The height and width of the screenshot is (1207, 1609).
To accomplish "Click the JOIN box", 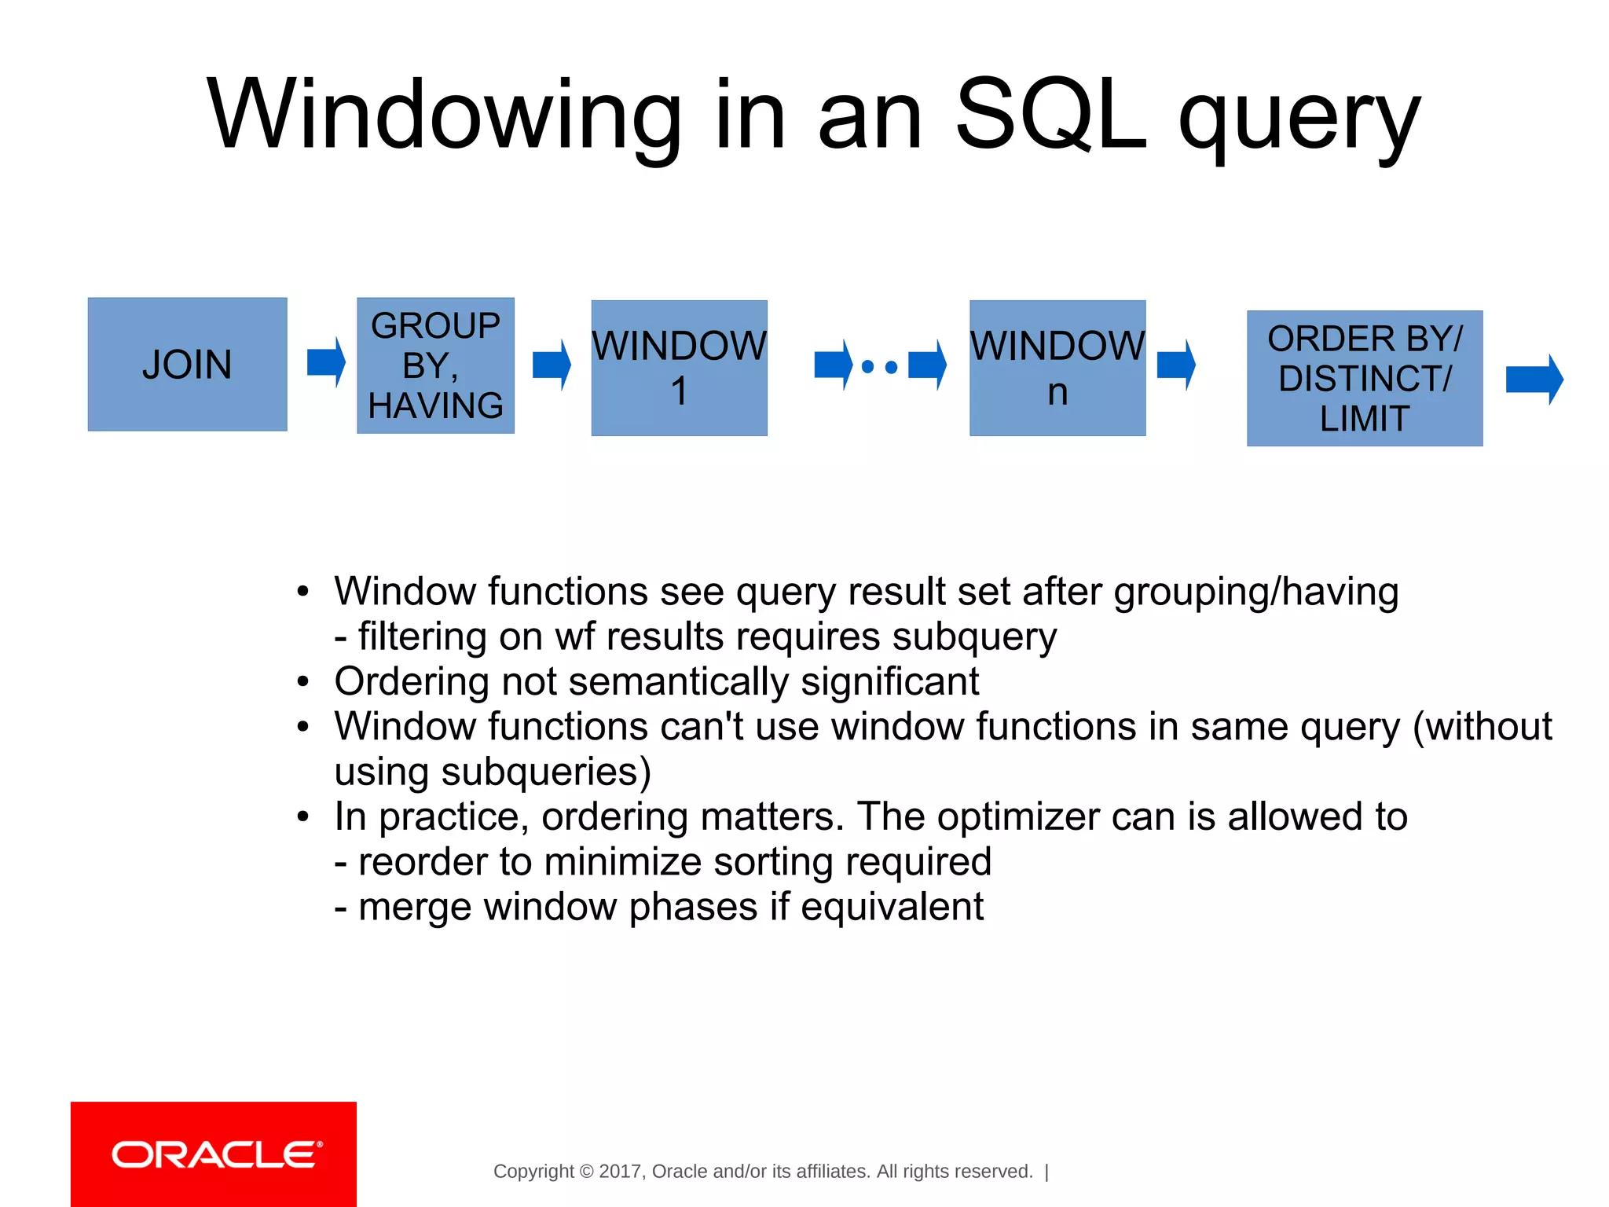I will [x=187, y=364].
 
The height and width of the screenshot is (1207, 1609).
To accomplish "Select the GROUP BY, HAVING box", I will [x=435, y=365].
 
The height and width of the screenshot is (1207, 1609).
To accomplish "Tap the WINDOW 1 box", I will [x=679, y=368].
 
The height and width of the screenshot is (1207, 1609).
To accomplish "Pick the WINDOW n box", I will [x=1057, y=368].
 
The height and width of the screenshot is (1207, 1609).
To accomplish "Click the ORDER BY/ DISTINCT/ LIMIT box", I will [x=1365, y=378].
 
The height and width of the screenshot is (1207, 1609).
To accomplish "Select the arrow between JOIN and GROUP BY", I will [x=325, y=362].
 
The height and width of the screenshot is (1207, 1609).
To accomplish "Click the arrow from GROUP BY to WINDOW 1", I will [x=551, y=365].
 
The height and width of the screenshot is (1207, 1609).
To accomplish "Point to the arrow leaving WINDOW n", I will [x=1176, y=365].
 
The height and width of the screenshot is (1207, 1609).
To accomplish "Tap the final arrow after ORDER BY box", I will [x=1534, y=380].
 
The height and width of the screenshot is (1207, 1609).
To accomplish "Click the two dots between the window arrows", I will [x=880, y=366].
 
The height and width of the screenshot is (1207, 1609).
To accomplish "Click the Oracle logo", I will [x=214, y=1154].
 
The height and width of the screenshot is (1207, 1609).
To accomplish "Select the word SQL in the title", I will [x=1050, y=116].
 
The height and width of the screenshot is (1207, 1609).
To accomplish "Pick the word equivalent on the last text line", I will [x=892, y=907].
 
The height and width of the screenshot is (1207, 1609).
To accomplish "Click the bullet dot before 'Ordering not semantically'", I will [x=304, y=681].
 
